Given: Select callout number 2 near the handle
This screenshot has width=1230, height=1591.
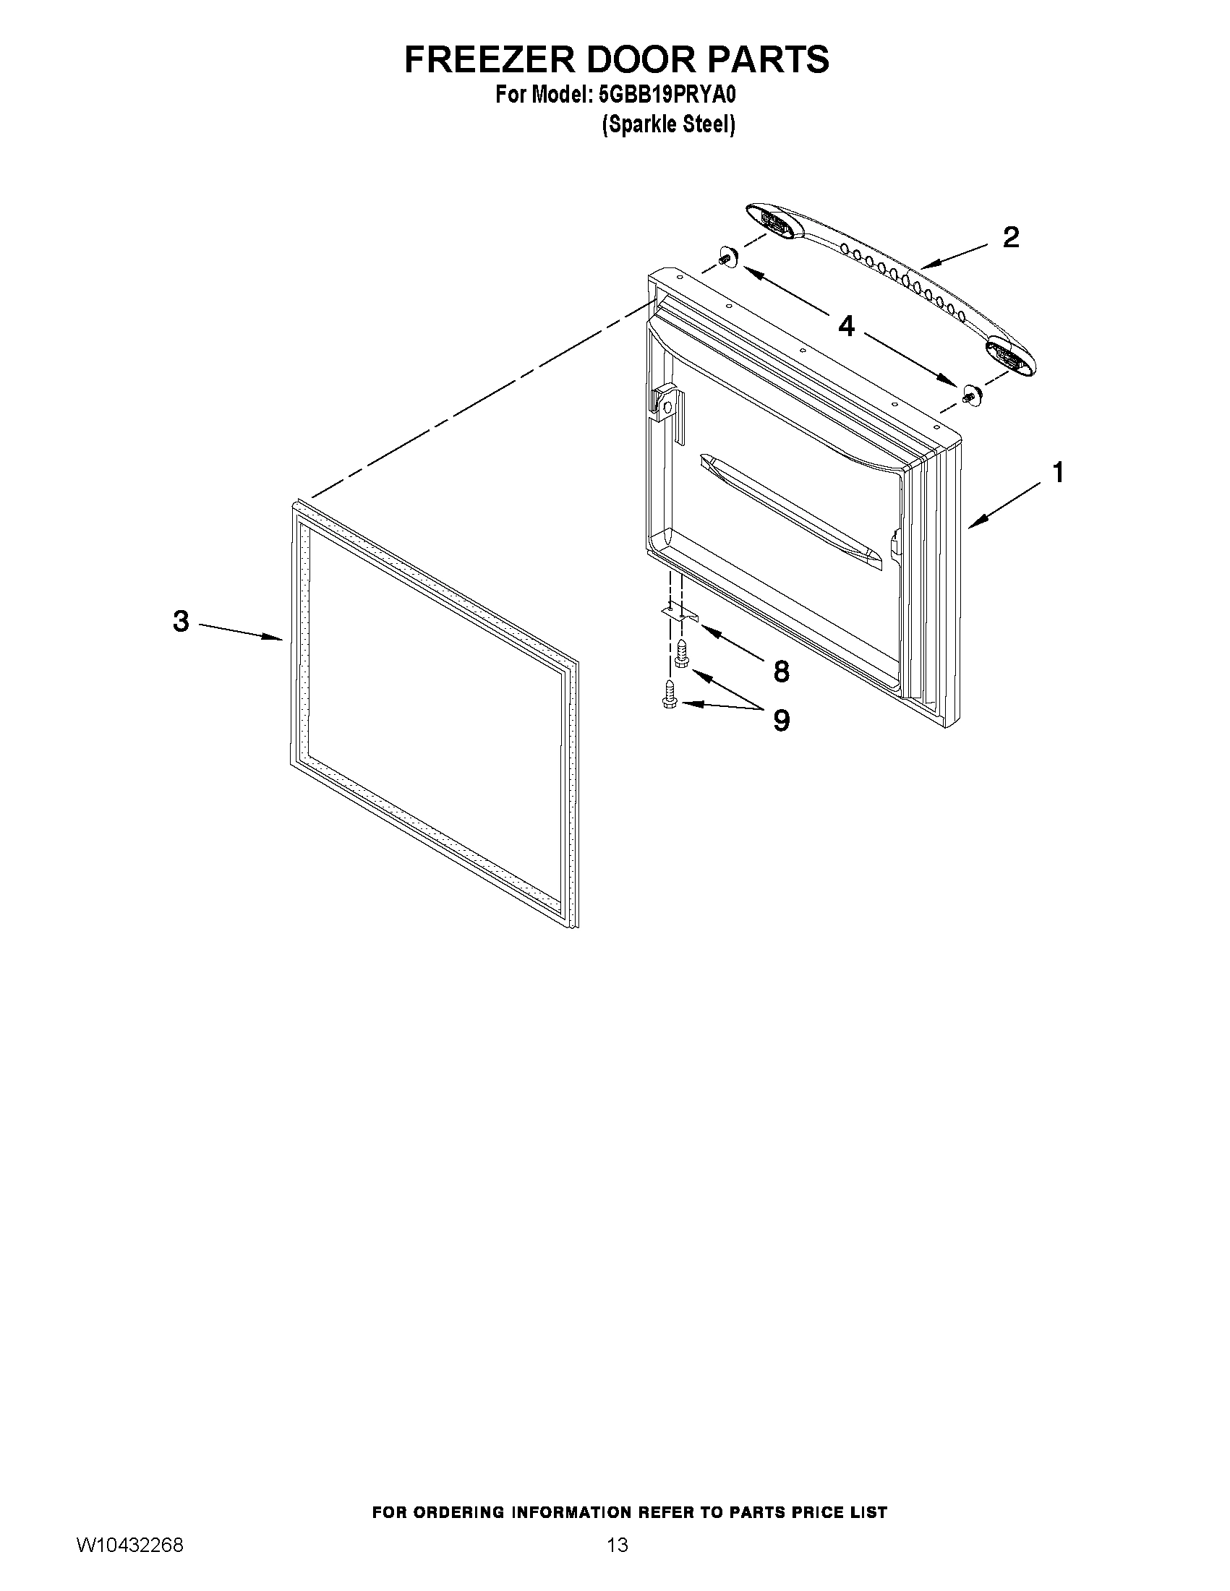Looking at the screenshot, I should click(x=1011, y=238).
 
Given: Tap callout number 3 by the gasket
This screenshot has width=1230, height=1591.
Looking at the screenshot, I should click(x=181, y=622).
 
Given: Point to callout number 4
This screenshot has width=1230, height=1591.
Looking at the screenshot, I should click(x=846, y=326).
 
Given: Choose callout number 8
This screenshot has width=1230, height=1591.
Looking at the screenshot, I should click(x=781, y=672).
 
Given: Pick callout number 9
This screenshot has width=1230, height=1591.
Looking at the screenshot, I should click(x=781, y=721).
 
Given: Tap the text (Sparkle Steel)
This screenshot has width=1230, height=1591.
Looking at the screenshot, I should click(x=668, y=125).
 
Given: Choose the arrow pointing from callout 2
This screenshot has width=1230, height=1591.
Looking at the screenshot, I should click(x=954, y=259).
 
